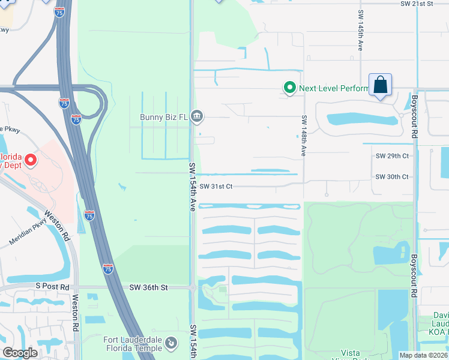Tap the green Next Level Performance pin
(x=290, y=88)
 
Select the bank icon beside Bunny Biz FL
(x=196, y=116)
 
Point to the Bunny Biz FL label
(x=163, y=116)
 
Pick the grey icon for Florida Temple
(x=172, y=343)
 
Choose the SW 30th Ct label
(x=392, y=177)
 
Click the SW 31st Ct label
(x=216, y=186)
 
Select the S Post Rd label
(x=53, y=287)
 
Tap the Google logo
(x=20, y=353)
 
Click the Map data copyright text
(x=423, y=355)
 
